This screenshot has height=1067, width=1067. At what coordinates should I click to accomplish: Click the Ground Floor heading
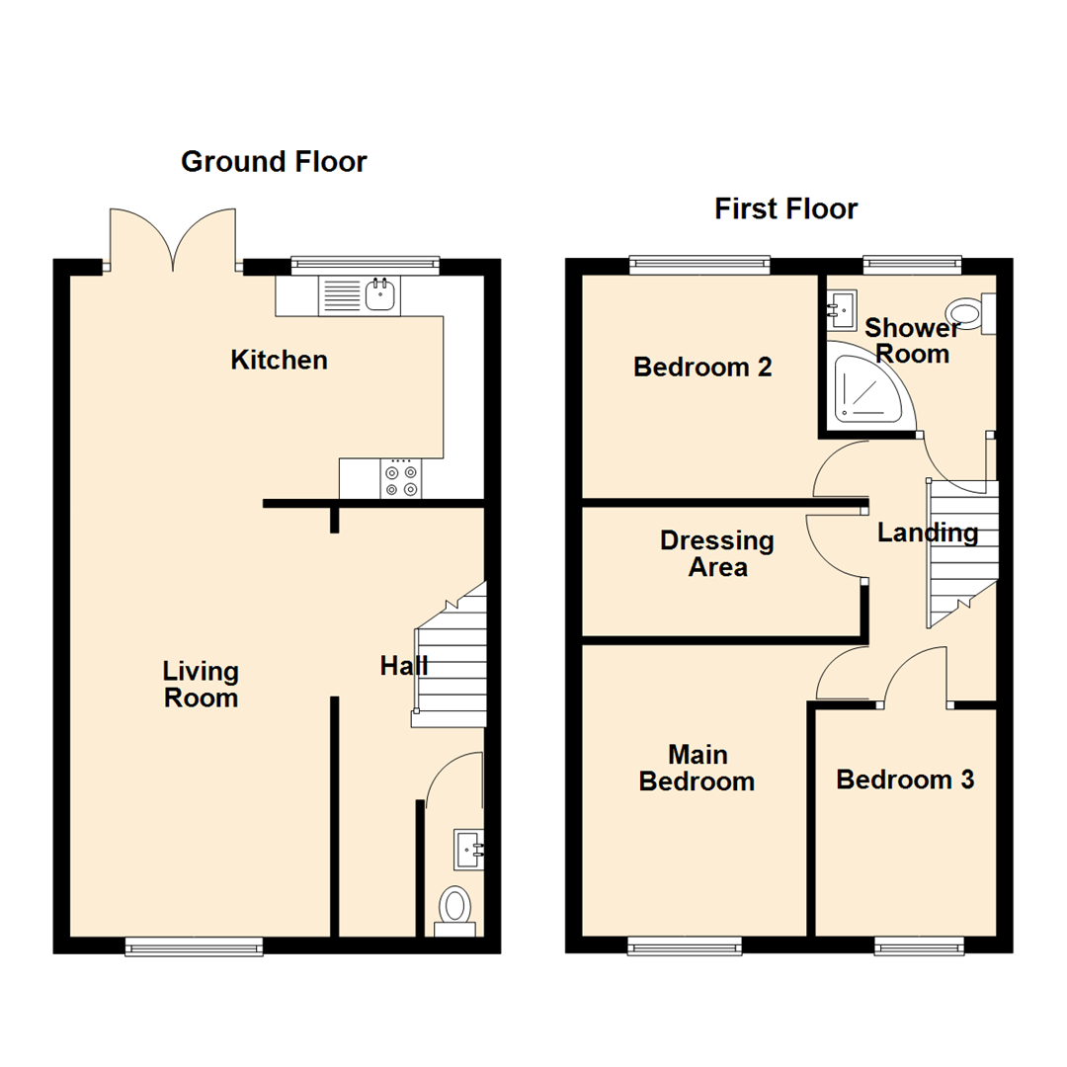(274, 162)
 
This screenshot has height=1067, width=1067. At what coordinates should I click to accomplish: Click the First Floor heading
(786, 209)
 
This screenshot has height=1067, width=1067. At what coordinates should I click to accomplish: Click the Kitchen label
(279, 361)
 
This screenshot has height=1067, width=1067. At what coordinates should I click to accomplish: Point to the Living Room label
(202, 685)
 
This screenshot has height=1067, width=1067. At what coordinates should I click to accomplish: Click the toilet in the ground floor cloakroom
(455, 905)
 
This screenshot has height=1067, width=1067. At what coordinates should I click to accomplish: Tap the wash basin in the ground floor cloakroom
(469, 848)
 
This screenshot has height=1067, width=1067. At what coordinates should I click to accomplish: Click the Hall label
(404, 667)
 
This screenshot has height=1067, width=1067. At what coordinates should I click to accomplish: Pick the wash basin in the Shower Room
(842, 310)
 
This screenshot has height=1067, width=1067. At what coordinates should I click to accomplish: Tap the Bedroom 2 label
(702, 368)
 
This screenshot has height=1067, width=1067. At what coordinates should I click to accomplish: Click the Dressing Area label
(717, 554)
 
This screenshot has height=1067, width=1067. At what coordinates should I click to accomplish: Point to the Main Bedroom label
(698, 769)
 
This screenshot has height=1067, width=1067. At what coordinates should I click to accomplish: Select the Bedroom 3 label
(905, 780)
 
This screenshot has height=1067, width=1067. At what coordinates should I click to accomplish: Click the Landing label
(928, 533)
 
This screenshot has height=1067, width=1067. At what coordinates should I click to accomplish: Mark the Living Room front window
(195, 947)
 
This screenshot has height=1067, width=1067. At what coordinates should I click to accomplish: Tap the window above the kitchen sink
(366, 264)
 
